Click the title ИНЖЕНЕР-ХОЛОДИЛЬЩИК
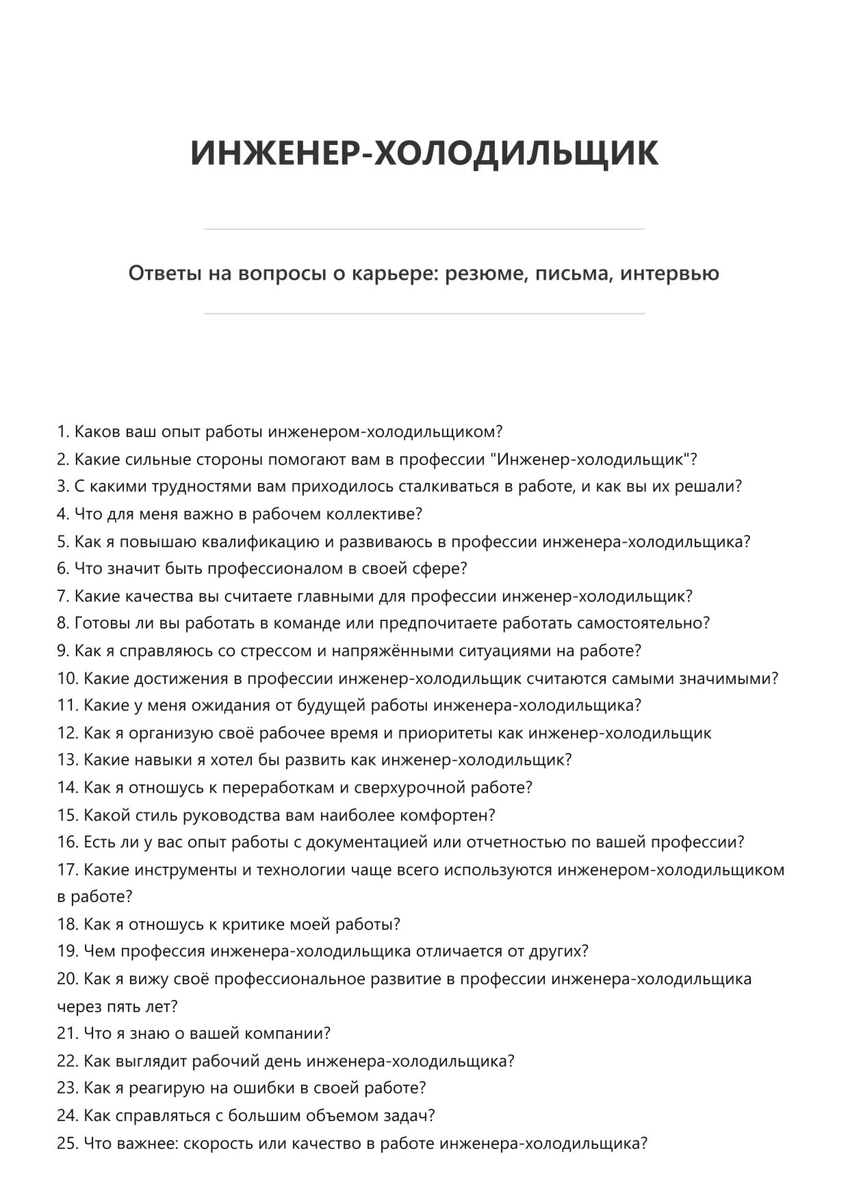point(424,153)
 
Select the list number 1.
point(62,432)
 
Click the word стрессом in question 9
point(275,651)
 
